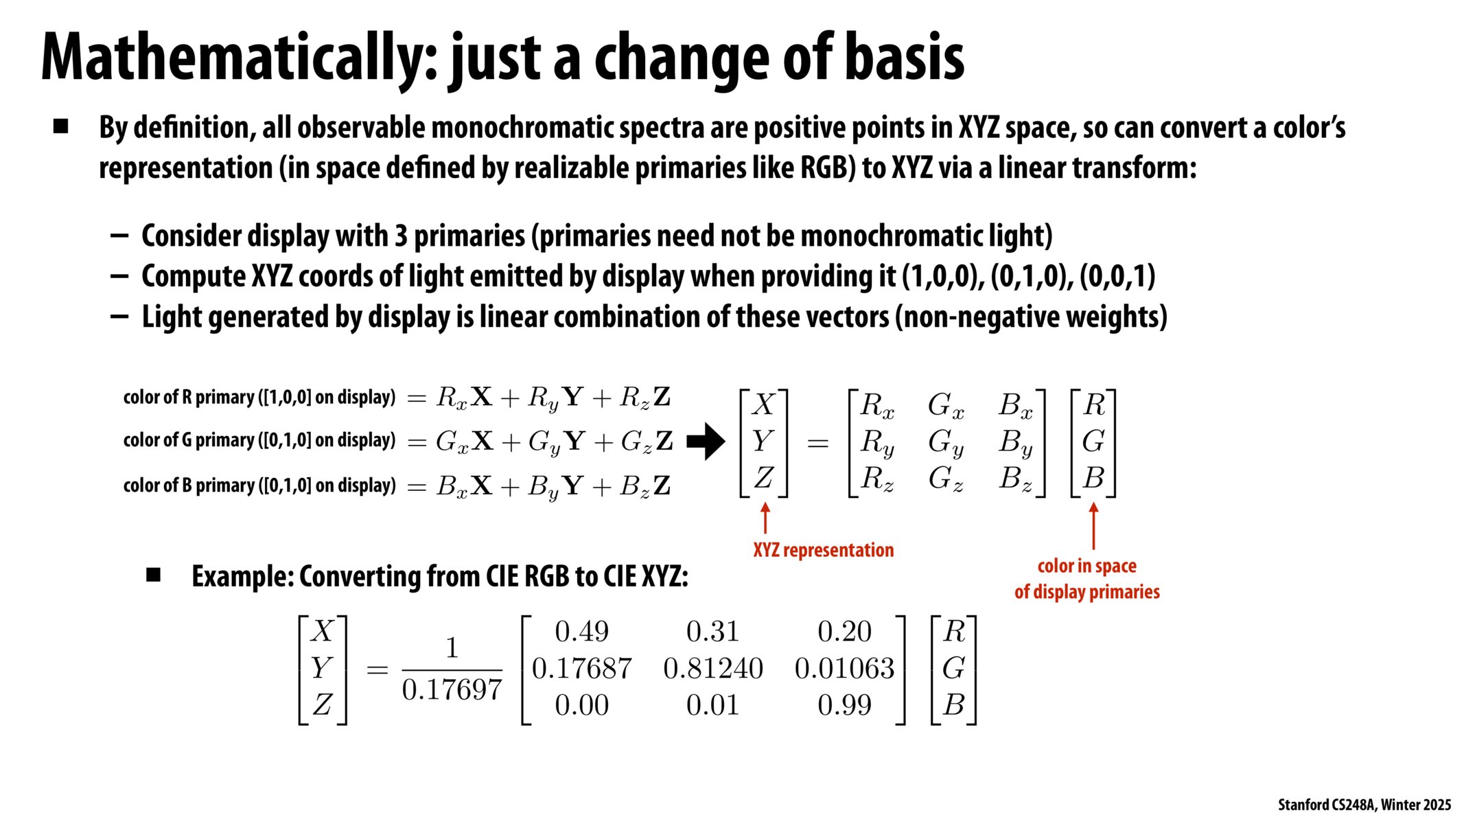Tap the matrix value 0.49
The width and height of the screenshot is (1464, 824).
581,632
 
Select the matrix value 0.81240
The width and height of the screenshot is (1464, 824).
712,668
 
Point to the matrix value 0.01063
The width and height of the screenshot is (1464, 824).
844,668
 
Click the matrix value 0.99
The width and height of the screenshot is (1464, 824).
844,705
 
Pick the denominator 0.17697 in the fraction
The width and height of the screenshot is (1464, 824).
452,689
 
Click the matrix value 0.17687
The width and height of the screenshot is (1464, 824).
581,668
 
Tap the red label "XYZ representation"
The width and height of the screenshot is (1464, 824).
823,550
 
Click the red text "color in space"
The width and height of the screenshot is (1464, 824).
1087,566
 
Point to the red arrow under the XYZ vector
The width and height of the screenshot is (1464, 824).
765,518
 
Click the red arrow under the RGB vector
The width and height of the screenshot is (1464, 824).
1093,525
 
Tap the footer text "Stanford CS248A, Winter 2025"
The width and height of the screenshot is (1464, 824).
1364,805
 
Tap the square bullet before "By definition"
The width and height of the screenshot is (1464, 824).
61,126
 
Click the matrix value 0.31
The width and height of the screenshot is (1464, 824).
712,632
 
